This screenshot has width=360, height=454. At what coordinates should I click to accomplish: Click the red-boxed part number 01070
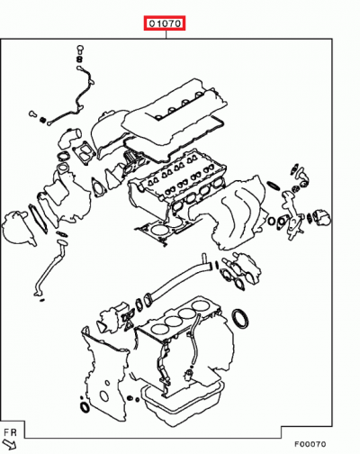165,23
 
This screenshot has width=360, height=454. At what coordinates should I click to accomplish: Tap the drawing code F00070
310,444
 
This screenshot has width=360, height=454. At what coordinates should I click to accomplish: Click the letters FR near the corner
10,432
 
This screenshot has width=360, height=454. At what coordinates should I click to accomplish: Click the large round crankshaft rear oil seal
239,318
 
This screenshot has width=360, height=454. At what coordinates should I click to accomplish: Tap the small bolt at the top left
80,50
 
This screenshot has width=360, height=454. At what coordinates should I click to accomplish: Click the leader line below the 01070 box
166,34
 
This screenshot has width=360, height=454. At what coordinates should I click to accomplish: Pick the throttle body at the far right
321,218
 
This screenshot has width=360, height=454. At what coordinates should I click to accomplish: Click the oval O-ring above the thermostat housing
274,186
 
